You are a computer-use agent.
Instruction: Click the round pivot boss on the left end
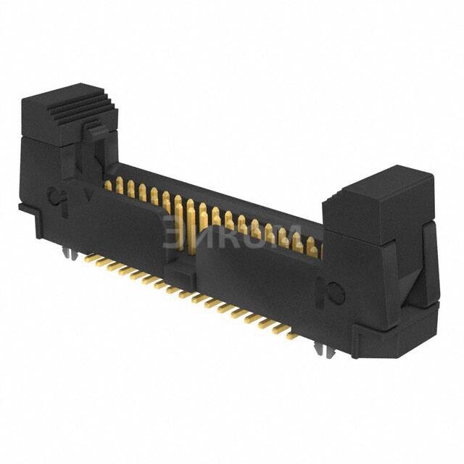point(55,197)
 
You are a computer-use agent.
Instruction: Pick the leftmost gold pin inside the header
point(108,185)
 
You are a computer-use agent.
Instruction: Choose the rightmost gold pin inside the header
point(312,249)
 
